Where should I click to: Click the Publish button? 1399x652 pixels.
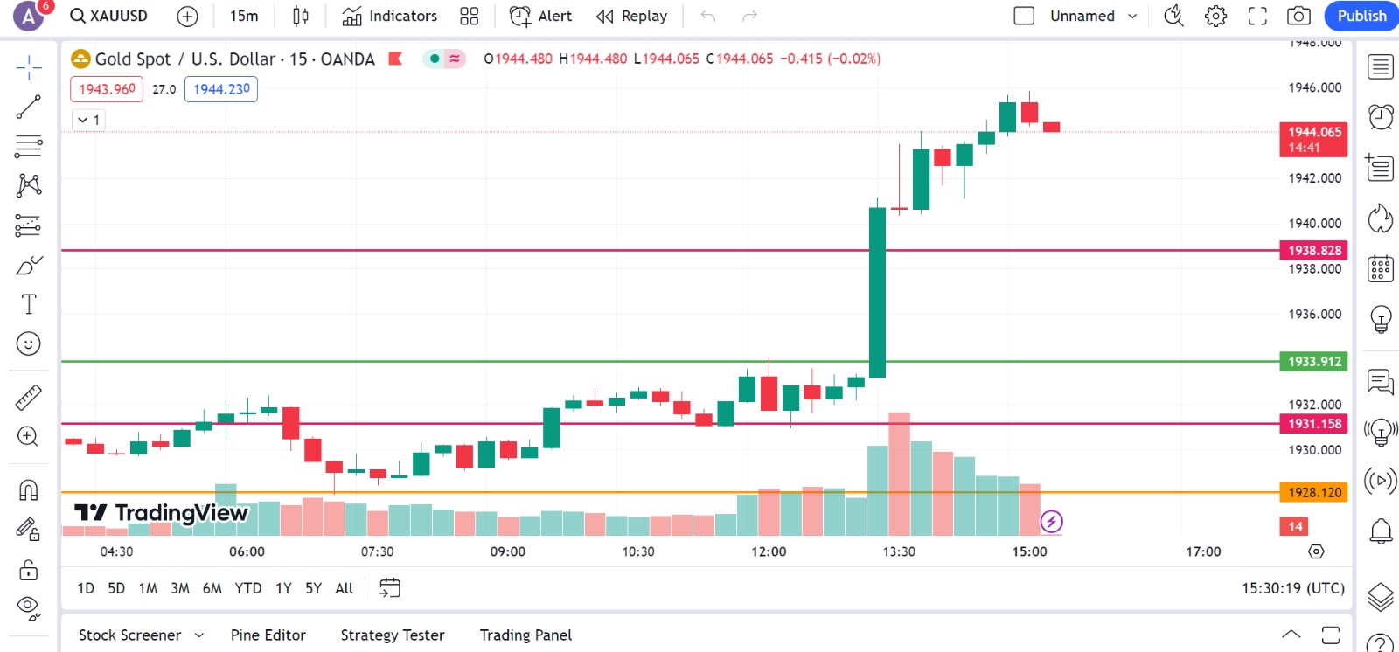point(1361,16)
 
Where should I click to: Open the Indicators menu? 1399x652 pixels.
point(390,16)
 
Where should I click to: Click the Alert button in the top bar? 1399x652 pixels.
point(540,16)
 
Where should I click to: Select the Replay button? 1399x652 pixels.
point(631,16)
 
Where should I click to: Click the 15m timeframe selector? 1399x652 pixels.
point(244,16)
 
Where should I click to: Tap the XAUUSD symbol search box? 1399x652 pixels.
point(109,16)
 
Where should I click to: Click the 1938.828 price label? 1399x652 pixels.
point(1313,250)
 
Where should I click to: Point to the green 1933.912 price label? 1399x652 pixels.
point(1313,361)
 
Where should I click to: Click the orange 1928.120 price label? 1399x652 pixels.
point(1313,492)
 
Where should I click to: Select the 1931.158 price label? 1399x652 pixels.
point(1313,423)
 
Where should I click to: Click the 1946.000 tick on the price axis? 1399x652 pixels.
point(1314,87)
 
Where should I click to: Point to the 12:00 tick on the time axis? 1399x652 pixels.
point(769,551)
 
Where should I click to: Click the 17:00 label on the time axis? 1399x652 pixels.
point(1203,551)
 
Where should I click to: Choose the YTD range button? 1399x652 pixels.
point(248,588)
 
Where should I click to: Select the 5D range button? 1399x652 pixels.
point(116,588)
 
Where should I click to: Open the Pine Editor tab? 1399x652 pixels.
point(268,635)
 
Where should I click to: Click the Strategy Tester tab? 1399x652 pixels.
point(393,635)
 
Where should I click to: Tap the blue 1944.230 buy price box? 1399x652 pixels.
point(221,89)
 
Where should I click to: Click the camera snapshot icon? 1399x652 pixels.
point(1298,16)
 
